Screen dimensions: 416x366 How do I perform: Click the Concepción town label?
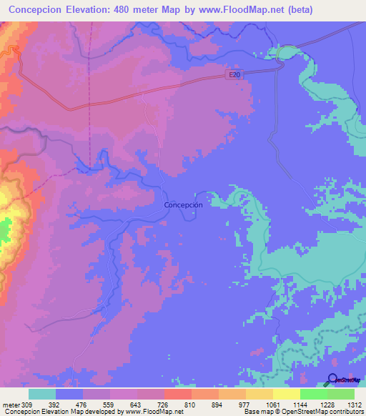[184, 204]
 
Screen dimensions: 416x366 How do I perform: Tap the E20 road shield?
[236, 74]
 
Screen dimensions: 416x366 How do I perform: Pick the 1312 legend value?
[354, 404]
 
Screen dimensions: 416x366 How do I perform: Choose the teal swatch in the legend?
[42, 394]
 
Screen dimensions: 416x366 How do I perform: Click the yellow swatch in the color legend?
[287, 394]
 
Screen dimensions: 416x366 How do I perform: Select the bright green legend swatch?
[314, 394]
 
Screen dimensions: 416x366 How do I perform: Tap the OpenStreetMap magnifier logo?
[333, 380]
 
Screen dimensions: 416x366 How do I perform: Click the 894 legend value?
[216, 404]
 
